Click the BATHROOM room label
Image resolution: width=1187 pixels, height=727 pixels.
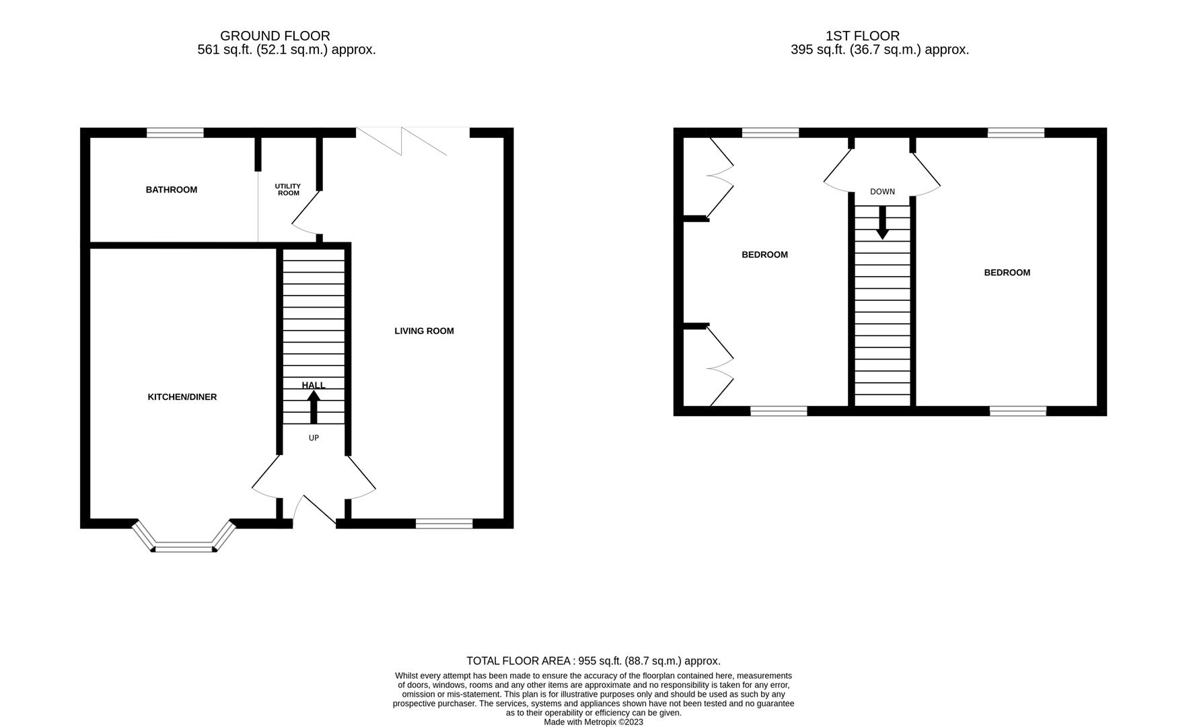coord(172,190)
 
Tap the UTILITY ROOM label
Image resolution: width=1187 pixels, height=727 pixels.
coord(288,190)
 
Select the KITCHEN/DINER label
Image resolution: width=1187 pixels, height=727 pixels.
coord(182,397)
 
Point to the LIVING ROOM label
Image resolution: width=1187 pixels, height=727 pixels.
coord(424,331)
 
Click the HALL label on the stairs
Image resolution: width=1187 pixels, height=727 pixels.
coord(314,385)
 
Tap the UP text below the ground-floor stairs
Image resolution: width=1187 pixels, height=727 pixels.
coord(314,438)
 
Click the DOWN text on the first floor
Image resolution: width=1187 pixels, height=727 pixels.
coord(882,192)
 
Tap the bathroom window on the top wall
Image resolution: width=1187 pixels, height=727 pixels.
coord(175,133)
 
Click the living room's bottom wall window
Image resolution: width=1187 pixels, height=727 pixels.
coord(444,524)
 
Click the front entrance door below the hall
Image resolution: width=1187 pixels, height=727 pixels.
coord(315,512)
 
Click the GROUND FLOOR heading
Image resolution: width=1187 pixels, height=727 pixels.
coord(275,36)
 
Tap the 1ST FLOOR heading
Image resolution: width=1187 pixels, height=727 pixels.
coord(863,36)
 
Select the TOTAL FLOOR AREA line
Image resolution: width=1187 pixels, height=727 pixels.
coord(593,661)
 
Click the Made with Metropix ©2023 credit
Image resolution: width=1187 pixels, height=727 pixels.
coord(593,722)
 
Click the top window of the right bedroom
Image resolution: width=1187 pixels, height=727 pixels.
coord(1016,133)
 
